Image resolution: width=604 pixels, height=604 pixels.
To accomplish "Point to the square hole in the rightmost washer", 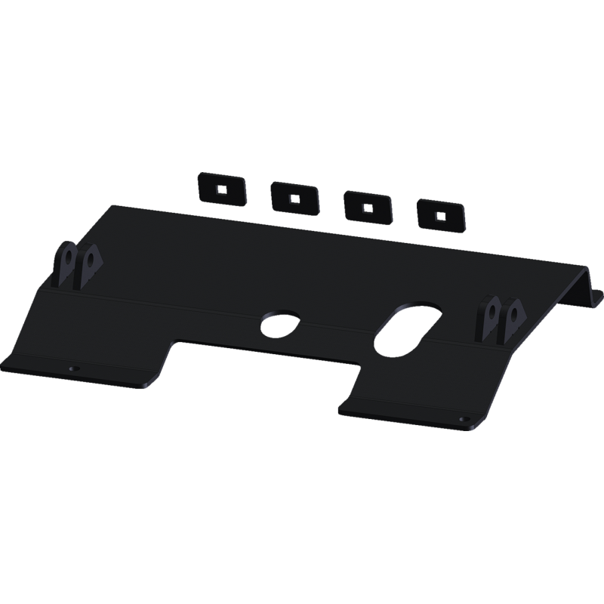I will coord(441,215).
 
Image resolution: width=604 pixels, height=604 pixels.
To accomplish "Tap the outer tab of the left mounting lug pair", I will coord(66,264).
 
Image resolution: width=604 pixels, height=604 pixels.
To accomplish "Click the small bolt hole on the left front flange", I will coord(72,368).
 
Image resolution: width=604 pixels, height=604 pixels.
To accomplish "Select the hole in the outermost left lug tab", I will coord(67,256).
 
